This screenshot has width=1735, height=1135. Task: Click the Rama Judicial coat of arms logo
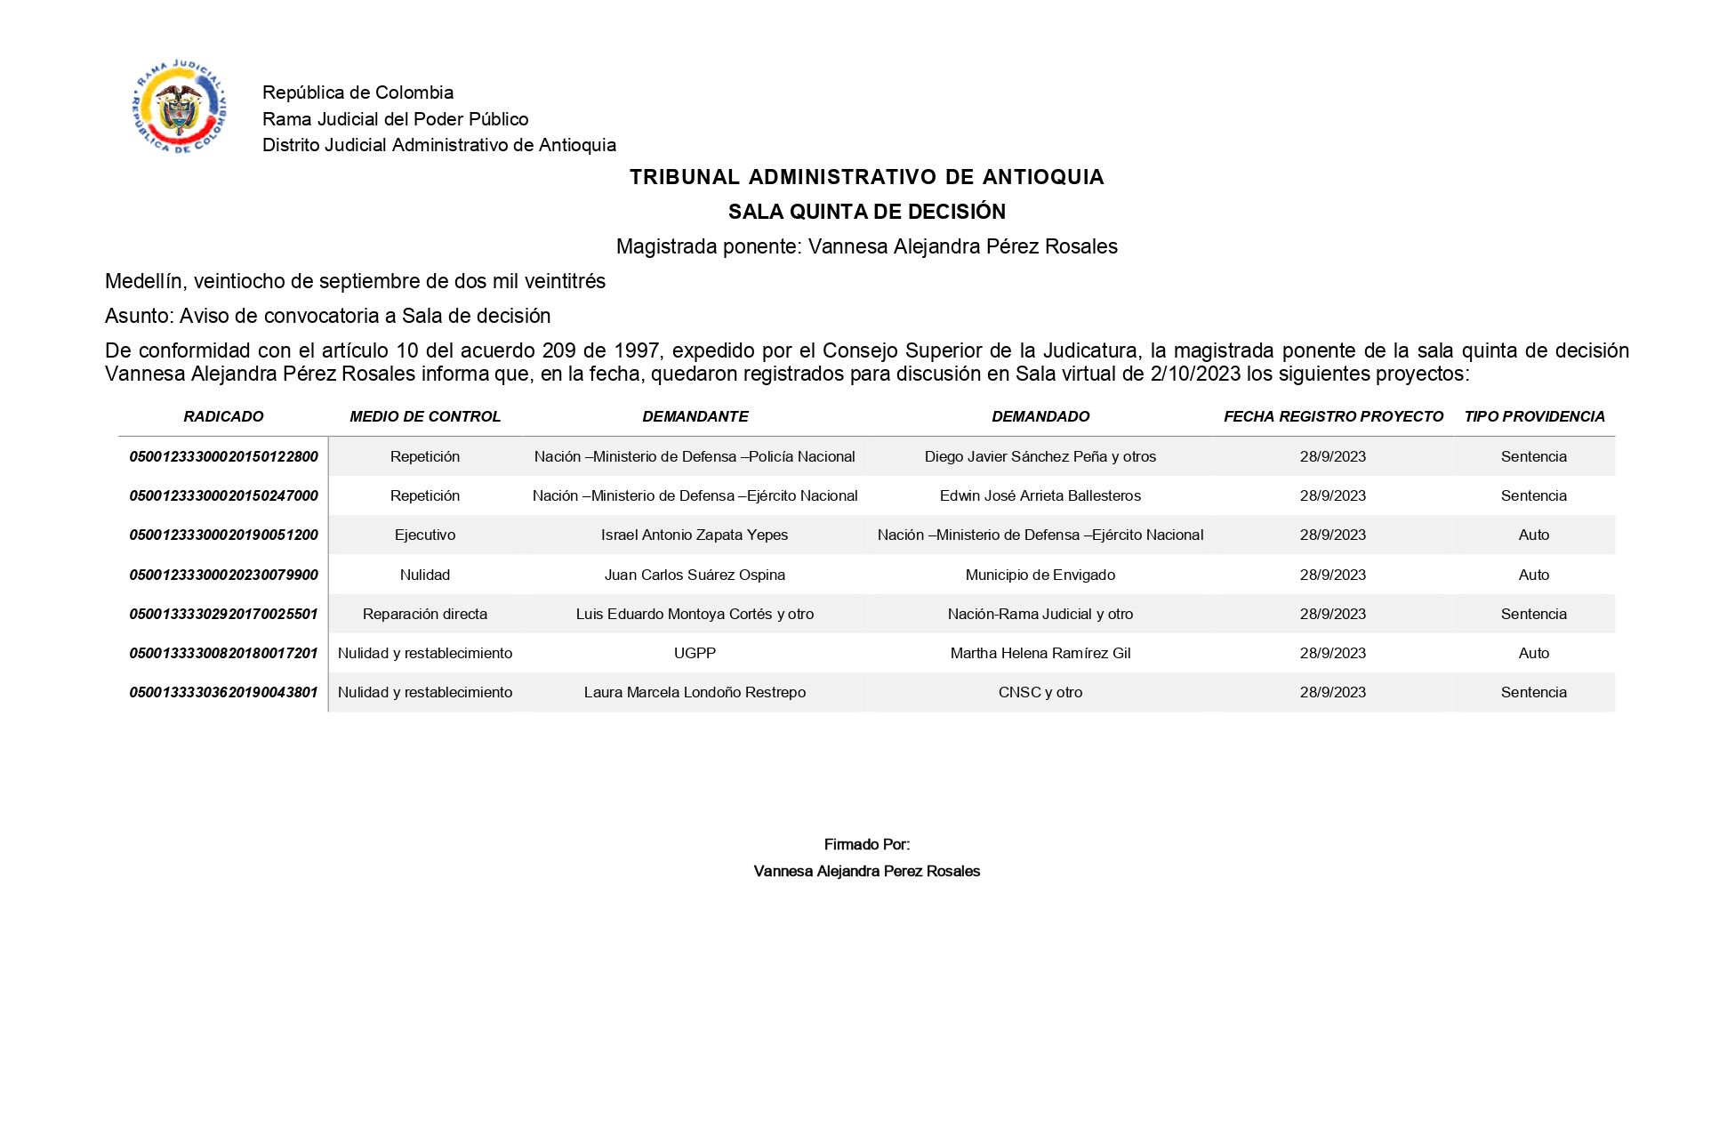[x=179, y=108]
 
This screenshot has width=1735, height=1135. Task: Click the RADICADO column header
[x=223, y=416]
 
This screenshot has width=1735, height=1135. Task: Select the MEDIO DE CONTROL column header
[x=425, y=416]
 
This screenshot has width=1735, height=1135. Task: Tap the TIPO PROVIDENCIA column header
[x=1534, y=416]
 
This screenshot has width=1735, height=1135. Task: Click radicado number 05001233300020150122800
[x=223, y=456]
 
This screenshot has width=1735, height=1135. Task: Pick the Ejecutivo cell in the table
[x=425, y=535]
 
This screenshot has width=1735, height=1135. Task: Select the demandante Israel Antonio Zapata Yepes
[x=695, y=535]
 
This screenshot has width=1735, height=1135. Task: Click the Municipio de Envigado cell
[x=1040, y=575]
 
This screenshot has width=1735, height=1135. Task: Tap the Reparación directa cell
[x=425, y=614]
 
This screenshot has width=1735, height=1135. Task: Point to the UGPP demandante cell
[x=695, y=653]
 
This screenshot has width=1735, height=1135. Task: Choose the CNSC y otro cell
[x=1040, y=692]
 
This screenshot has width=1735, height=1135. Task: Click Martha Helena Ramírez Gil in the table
[x=1040, y=653]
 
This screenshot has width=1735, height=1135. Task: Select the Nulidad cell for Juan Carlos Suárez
[x=425, y=575]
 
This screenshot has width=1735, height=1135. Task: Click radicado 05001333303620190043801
[x=223, y=692]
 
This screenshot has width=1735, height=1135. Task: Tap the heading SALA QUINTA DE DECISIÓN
[x=866, y=212]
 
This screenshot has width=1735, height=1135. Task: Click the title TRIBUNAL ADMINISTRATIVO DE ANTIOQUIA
[x=866, y=177]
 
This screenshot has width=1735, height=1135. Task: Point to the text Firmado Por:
[x=866, y=844]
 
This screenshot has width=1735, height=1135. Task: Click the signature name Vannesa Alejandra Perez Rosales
[x=866, y=871]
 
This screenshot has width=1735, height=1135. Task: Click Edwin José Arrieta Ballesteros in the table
[x=1040, y=495]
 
